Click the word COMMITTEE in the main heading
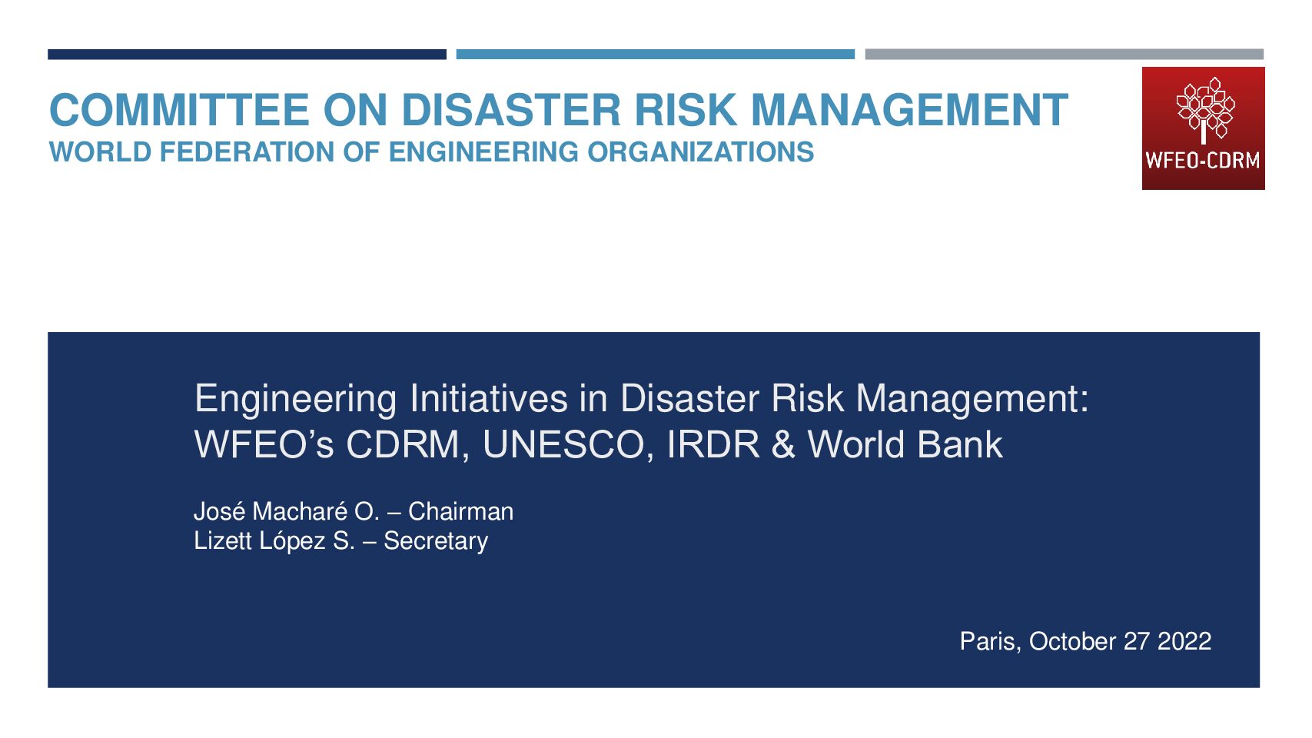[x=179, y=110]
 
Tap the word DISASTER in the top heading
[x=511, y=110]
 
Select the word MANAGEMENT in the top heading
[x=909, y=110]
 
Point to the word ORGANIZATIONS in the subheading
[x=700, y=152]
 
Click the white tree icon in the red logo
[x=1204, y=111]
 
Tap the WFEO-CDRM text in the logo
[x=1202, y=161]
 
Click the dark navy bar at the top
[x=247, y=55]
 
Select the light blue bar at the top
[x=656, y=55]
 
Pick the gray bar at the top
[x=1065, y=55]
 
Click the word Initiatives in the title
[x=489, y=399]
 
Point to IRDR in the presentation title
[x=713, y=444]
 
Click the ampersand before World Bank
[x=783, y=444]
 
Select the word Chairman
[x=461, y=512]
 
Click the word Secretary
[x=436, y=541]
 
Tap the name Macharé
[x=300, y=512]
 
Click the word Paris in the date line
[x=991, y=642]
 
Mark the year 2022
[x=1184, y=642]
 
